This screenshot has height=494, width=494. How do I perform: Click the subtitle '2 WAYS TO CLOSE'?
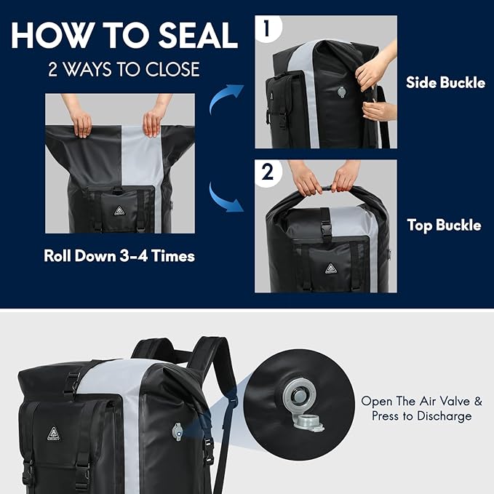(x=123, y=71)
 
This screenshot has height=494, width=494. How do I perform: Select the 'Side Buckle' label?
(x=445, y=83)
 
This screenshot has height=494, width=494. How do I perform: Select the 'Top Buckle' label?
(x=444, y=226)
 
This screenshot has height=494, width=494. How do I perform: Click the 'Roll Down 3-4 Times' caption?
(x=119, y=256)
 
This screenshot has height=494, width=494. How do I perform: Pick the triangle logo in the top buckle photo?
(x=330, y=268)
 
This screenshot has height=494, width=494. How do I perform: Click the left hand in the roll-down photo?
(x=82, y=120)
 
